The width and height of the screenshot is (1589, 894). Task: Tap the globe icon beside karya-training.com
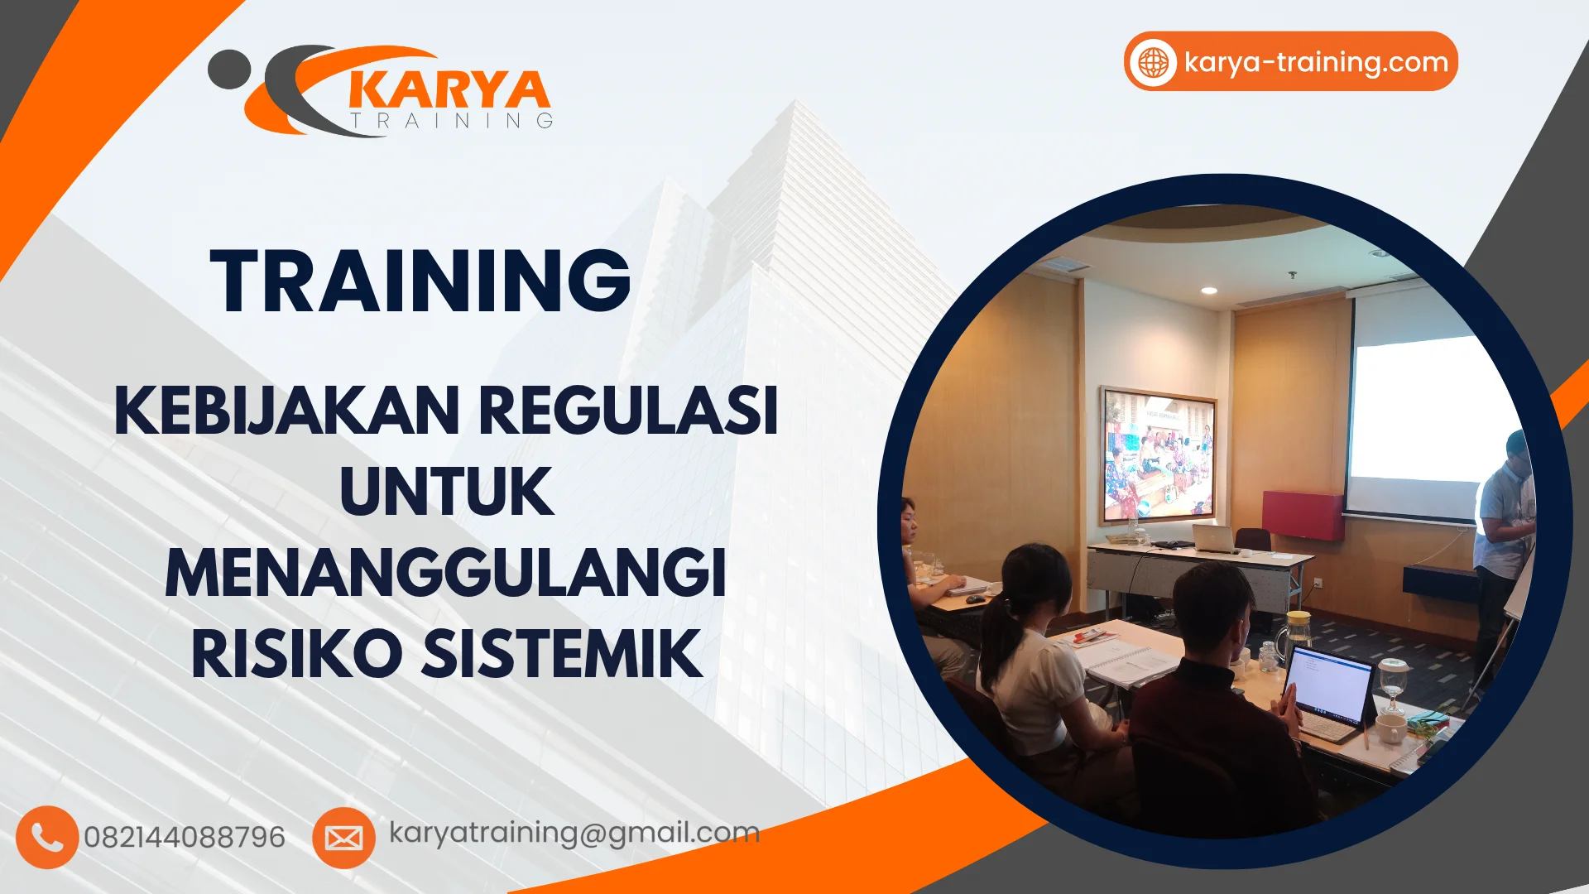tap(1154, 62)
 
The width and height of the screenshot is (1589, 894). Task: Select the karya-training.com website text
tap(1316, 63)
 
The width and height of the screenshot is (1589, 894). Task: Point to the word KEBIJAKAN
tap(286, 410)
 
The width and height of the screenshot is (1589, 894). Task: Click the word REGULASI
tap(628, 410)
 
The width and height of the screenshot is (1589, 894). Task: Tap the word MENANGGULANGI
tap(445, 572)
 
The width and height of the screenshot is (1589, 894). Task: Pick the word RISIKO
tap(296, 654)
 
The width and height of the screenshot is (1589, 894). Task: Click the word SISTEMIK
tap(563, 654)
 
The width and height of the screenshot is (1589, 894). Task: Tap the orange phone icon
tap(47, 837)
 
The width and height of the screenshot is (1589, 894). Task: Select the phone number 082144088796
tap(185, 837)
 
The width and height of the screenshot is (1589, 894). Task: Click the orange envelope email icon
tap(343, 838)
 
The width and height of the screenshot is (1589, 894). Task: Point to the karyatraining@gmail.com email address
tap(574, 834)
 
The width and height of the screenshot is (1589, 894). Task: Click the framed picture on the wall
tap(1158, 455)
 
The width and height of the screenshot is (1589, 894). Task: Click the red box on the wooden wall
tap(1303, 515)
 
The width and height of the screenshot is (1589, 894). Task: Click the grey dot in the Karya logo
tap(229, 70)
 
